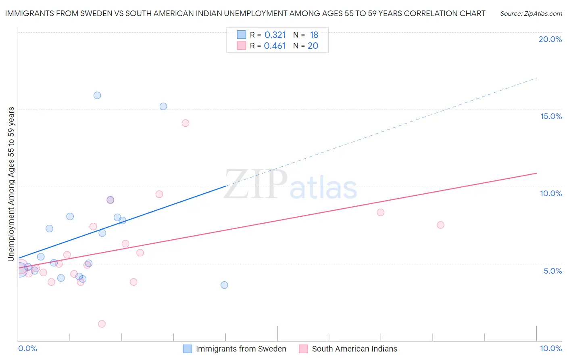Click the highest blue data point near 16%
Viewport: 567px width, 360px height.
click(x=97, y=96)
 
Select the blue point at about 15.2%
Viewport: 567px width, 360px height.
click(x=163, y=107)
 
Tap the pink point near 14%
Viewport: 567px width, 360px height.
click(x=186, y=123)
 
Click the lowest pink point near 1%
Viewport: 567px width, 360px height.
click(x=102, y=324)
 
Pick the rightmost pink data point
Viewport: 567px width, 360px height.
click(x=440, y=225)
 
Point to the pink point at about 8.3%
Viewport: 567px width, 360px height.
click(x=380, y=212)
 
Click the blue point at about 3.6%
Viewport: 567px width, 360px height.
click(x=224, y=285)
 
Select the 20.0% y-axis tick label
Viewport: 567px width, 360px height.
click(x=550, y=39)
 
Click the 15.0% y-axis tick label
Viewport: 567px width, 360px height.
click(x=551, y=116)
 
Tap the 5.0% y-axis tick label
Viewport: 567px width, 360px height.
click(x=552, y=271)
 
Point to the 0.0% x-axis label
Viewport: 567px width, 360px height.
click(x=27, y=348)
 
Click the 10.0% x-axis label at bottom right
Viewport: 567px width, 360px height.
click(x=550, y=348)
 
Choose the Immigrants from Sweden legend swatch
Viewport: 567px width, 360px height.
click(x=188, y=349)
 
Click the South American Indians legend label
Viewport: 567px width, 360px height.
click(x=354, y=349)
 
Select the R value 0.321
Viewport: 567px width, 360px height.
click(x=275, y=35)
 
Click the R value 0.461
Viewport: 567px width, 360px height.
click(x=275, y=46)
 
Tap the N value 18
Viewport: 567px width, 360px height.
click(x=314, y=35)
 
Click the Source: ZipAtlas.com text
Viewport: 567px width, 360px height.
click(x=531, y=14)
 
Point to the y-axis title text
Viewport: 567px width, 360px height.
click(x=11, y=184)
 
